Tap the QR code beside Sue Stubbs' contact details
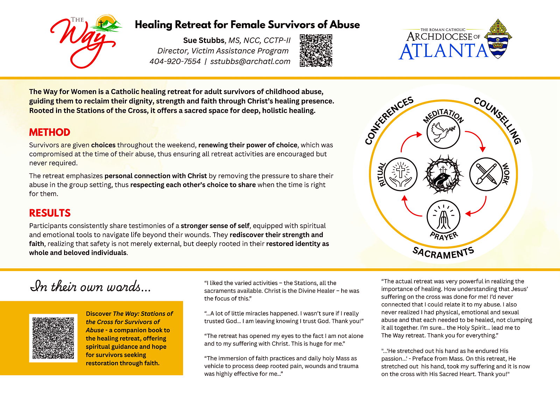click(316, 50)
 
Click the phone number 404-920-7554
click(175, 62)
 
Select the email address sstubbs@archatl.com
click(250, 62)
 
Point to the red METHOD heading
click(50, 132)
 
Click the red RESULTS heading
click(50, 213)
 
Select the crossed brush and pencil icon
click(486, 174)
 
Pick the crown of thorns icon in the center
click(443, 174)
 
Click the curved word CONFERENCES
click(388, 120)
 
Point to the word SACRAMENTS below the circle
click(443, 253)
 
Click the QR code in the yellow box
click(53, 338)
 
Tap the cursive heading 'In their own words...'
click(91, 287)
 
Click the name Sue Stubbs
click(203, 40)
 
